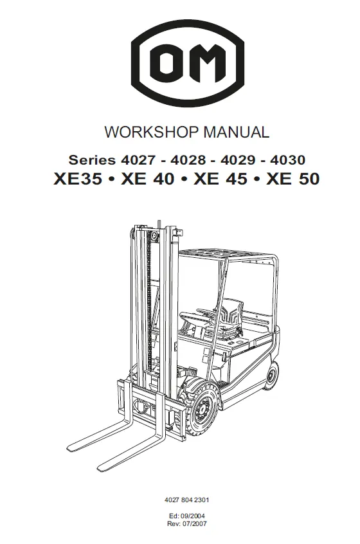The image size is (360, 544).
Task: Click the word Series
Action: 92,160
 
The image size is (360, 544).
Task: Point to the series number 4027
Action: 138,160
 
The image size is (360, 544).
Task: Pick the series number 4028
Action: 188,160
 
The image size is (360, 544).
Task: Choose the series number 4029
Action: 238,160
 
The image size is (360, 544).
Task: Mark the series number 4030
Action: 288,160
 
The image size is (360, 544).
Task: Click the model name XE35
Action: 78,179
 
